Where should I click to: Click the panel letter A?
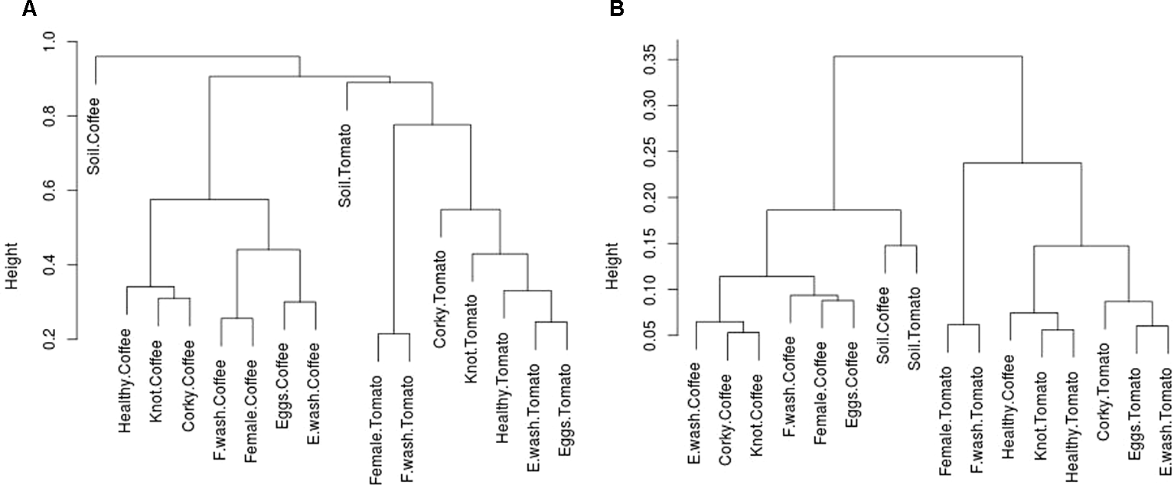click(8, 9)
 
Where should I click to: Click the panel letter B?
click(616, 9)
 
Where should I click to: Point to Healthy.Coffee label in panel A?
click(126, 369)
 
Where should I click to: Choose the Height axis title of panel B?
click(613, 265)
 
